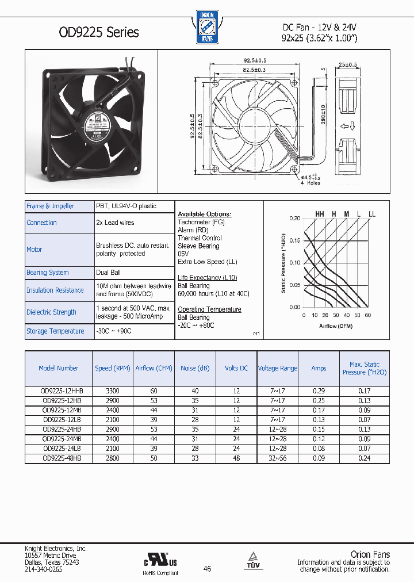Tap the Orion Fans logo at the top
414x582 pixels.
206,26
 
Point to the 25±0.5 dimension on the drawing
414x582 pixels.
348,64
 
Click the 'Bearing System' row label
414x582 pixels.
48,273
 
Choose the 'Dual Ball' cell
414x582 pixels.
108,273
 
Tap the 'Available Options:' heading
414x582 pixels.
204,214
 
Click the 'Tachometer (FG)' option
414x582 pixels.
201,222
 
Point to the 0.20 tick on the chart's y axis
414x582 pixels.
294,219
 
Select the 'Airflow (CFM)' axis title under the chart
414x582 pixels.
336,326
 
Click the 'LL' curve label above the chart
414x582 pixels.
372,214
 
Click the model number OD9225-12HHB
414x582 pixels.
59,391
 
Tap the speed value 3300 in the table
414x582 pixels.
113,391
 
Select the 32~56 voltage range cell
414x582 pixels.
278,458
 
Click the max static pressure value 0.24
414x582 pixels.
364,458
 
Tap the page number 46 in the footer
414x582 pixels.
207,568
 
